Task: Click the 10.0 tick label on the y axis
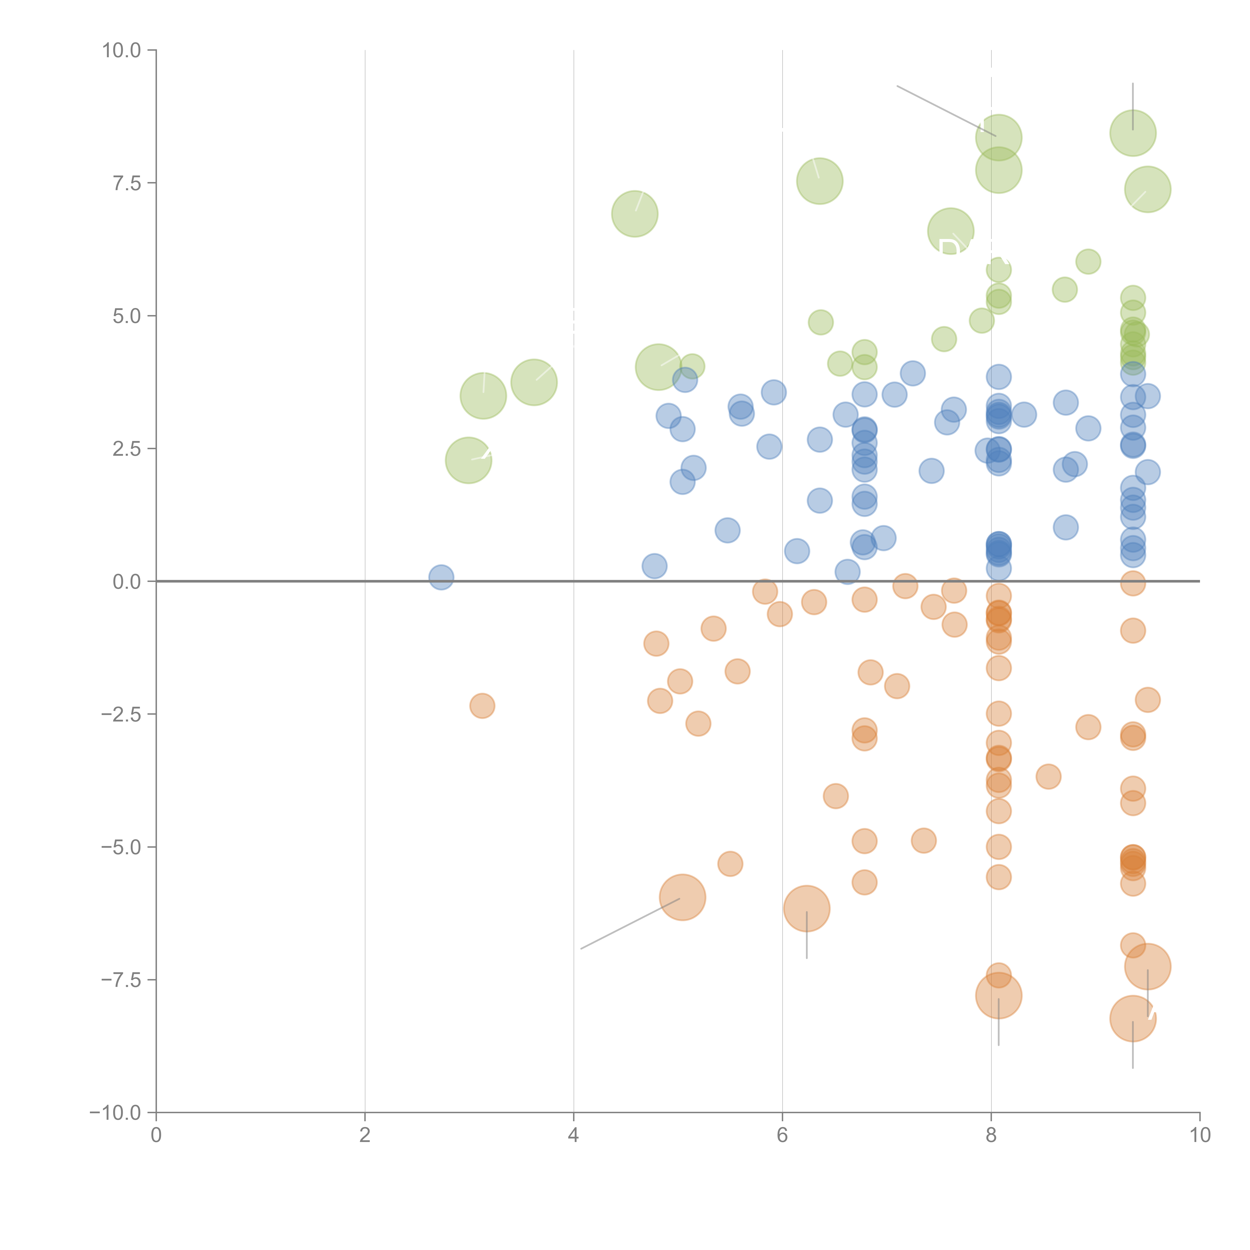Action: tap(122, 50)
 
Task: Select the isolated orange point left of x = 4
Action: tap(482, 705)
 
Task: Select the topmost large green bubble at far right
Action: tap(1133, 133)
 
